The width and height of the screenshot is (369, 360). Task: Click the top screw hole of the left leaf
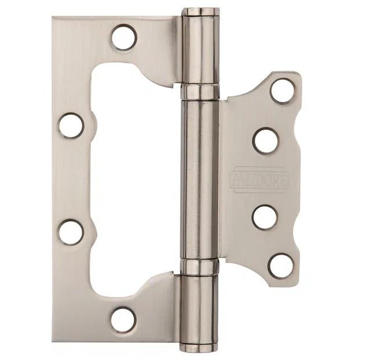coord(124,38)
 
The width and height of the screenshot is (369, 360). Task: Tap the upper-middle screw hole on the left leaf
coord(71,126)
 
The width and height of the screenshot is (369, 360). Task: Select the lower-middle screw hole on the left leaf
coord(71,232)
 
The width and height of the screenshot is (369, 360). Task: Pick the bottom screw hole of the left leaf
coord(123,319)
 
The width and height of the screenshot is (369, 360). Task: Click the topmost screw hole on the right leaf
coord(282,91)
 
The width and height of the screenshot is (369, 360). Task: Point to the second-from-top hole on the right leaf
coord(266,140)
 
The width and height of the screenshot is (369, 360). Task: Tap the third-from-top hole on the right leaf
coord(265,217)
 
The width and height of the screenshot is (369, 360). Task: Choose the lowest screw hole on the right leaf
coord(281,266)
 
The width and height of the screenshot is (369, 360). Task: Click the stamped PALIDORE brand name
coord(260,179)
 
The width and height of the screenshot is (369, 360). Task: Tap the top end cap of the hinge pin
coord(200,12)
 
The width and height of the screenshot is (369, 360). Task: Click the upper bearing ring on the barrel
coord(200,91)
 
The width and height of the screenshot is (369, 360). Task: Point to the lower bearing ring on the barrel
coord(200,266)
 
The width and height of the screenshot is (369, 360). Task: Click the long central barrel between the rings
coord(200,179)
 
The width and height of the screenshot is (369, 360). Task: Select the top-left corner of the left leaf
coord(54,19)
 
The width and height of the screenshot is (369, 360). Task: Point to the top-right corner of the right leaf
coord(298,75)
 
